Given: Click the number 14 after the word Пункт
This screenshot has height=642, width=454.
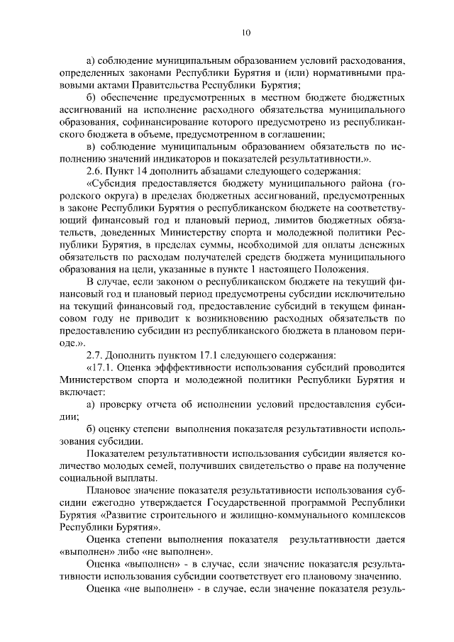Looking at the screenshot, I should point(140,171).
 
